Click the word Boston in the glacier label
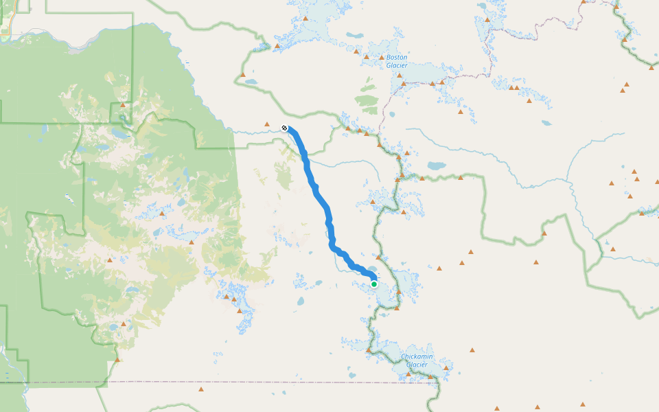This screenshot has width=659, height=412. (397, 58)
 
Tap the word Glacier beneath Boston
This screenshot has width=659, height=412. (397, 66)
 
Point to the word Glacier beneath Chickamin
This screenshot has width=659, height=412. (417, 365)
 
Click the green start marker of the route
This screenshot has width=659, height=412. (374, 284)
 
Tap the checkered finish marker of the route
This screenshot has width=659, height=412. (285, 128)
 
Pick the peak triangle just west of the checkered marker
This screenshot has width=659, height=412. (267, 124)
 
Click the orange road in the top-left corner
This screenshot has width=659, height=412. (5, 27)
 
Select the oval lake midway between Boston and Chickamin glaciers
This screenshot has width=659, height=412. (437, 165)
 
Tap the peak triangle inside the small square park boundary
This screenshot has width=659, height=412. (123, 105)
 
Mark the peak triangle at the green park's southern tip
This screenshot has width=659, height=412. (117, 359)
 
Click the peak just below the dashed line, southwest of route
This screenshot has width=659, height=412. (200, 389)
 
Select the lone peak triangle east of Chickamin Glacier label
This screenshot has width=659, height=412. (472, 350)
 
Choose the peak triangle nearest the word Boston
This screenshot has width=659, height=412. (382, 57)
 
